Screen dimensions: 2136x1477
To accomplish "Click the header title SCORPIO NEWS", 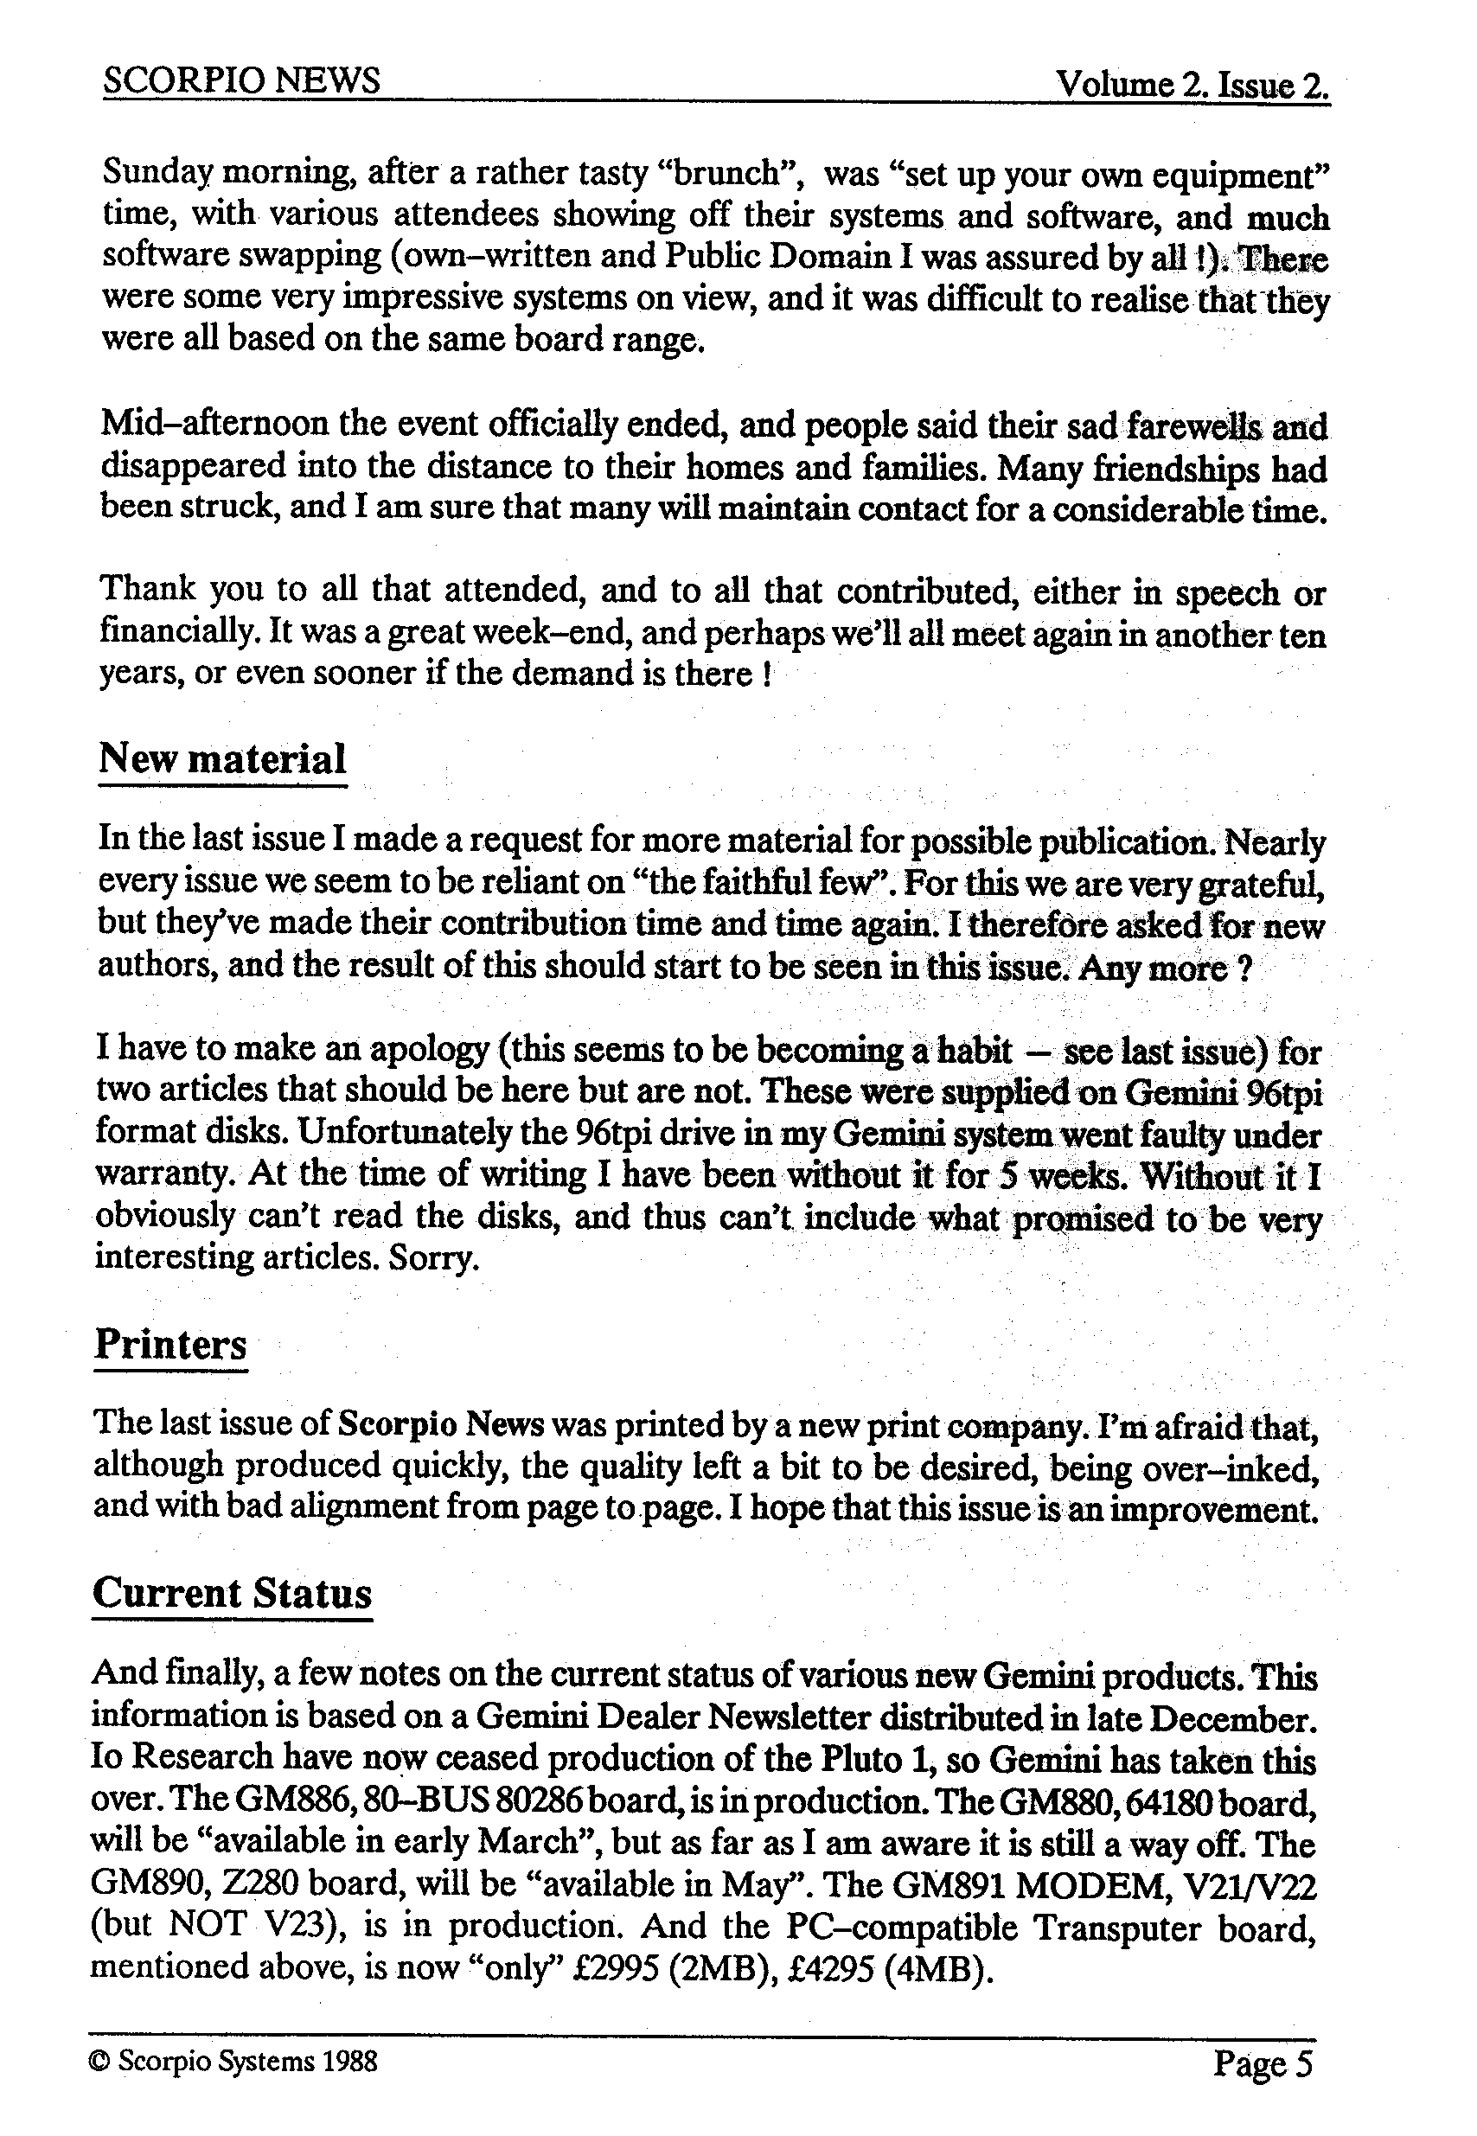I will click(x=240, y=81).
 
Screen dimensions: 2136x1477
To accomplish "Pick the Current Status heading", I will click(x=232, y=1592).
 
